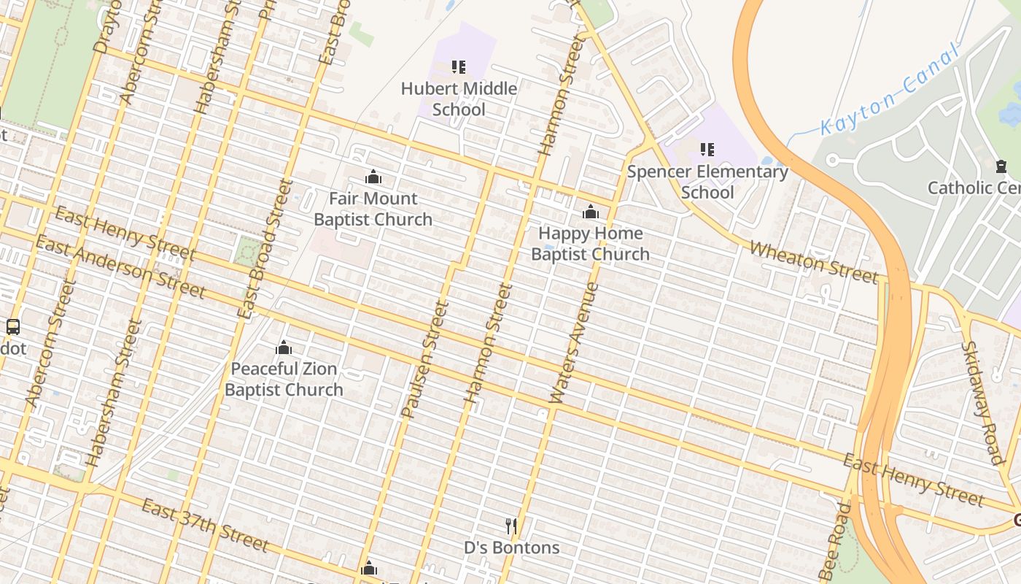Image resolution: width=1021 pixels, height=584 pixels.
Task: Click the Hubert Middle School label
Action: [x=459, y=99]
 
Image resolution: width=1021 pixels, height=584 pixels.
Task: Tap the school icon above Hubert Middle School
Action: [x=459, y=67]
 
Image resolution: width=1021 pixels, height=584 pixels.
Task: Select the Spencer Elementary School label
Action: [x=707, y=182]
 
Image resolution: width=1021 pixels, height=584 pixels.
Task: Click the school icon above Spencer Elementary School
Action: [x=707, y=150]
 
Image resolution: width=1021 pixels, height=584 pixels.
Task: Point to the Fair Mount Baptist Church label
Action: [x=373, y=209]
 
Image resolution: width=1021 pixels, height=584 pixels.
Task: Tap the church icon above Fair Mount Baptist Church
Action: [x=373, y=177]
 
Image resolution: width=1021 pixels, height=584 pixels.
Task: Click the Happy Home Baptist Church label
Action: [x=590, y=244]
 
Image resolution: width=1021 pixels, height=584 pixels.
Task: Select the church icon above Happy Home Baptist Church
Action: [x=591, y=212]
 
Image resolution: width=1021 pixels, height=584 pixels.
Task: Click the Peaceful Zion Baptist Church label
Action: [x=284, y=379]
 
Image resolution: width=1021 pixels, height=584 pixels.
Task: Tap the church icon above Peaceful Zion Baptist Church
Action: [x=284, y=347]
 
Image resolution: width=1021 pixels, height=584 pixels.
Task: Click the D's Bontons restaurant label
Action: [x=512, y=547]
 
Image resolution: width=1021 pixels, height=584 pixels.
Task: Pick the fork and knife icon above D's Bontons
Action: [x=511, y=526]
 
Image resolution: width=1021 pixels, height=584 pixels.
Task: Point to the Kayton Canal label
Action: [x=888, y=91]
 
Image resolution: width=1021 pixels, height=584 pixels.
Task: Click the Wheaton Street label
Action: [x=813, y=262]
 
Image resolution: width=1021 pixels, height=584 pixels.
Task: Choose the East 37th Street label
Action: [x=205, y=526]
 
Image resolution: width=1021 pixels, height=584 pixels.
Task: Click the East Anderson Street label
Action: [x=120, y=267]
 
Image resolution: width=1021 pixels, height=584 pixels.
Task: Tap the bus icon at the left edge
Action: [x=12, y=327]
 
